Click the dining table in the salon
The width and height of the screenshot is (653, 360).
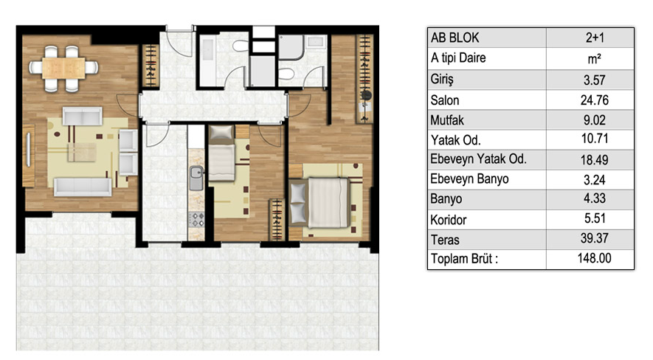pos(63,68)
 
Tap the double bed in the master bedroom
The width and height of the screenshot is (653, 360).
pos(320,203)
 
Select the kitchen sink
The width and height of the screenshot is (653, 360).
pos(196,178)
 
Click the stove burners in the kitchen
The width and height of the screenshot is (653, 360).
pos(196,220)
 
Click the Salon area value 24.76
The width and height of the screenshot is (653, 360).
pos(594,100)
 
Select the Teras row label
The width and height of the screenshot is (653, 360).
pos(445,240)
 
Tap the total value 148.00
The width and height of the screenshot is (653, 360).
pos(594,258)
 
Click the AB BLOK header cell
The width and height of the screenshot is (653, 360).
pos(455,38)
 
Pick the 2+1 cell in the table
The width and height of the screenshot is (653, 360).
pos(595,38)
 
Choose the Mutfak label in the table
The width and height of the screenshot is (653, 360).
pos(447,120)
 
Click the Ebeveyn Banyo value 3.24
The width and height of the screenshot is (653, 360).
pos(594,180)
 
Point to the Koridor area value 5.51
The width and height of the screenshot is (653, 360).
pos(595,218)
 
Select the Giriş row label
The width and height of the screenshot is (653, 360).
pos(442,79)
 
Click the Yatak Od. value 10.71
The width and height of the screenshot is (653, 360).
pos(595,138)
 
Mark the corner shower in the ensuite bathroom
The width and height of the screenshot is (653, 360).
pos(290,47)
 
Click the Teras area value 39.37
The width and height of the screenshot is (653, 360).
pos(595,238)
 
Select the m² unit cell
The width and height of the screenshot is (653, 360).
pos(594,59)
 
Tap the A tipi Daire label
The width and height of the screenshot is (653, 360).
pos(458,58)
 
